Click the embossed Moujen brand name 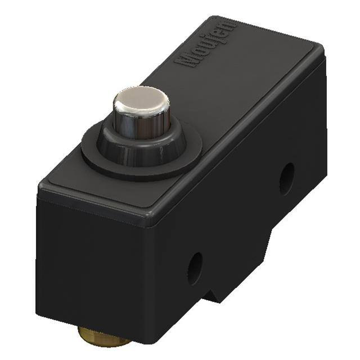[206, 43]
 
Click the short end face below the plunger [84, 264]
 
